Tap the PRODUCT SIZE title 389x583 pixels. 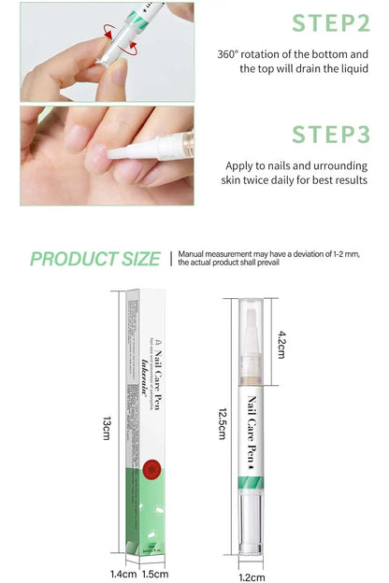94,258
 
